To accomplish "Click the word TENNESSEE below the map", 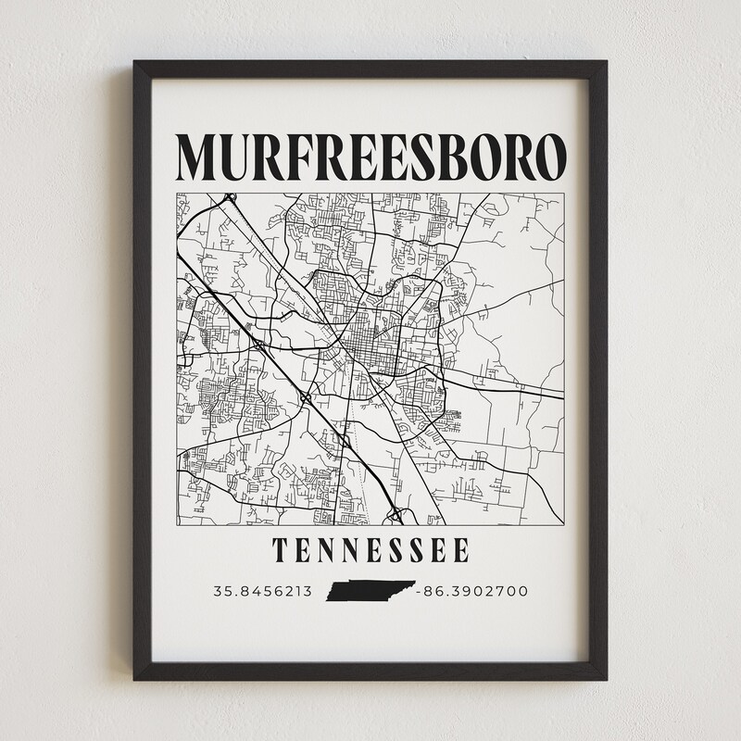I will tap(370, 551).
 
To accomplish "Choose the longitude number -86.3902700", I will tap(472, 591).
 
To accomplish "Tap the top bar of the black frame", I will tap(370, 70).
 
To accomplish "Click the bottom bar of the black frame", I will tap(370, 672).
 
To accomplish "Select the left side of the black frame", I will tap(142, 370).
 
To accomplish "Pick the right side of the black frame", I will tap(598, 370).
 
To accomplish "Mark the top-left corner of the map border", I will tap(177, 193).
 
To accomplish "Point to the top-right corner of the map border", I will tap(565, 193).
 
